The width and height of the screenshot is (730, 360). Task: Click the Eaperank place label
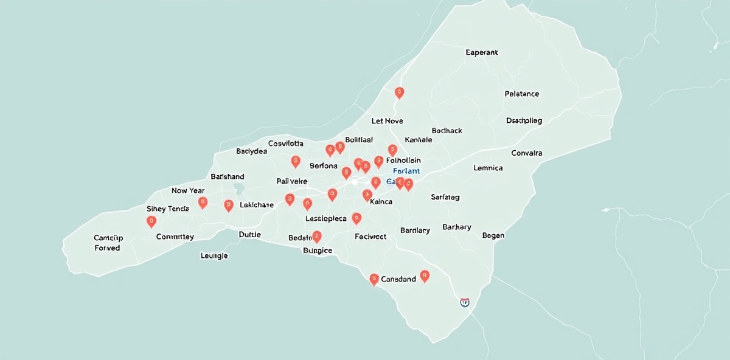[482, 52]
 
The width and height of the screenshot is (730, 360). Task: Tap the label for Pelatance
[522, 94]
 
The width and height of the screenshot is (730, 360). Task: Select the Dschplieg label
[524, 120]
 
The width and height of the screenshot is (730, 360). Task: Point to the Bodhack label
[447, 131]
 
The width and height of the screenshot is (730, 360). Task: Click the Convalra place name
[526, 153]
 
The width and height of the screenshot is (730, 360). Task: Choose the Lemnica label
[488, 168]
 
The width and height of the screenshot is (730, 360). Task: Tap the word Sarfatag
[445, 197]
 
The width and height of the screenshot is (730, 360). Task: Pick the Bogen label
[493, 235]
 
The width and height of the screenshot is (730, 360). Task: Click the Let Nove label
[387, 121]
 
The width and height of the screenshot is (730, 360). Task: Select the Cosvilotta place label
[286, 144]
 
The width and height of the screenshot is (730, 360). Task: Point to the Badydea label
[251, 151]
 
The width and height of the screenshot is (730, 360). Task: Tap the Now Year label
[188, 190]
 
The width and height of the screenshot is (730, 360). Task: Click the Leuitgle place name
[214, 256]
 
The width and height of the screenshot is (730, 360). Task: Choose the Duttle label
[249, 234]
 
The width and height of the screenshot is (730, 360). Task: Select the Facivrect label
[370, 237]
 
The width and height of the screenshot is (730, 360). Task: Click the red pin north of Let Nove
[399, 92]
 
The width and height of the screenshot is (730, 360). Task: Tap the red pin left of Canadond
[374, 279]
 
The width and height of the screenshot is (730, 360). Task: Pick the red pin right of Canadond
[425, 276]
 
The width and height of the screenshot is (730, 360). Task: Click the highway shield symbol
[465, 302]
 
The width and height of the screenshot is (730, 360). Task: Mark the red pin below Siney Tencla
[151, 221]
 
